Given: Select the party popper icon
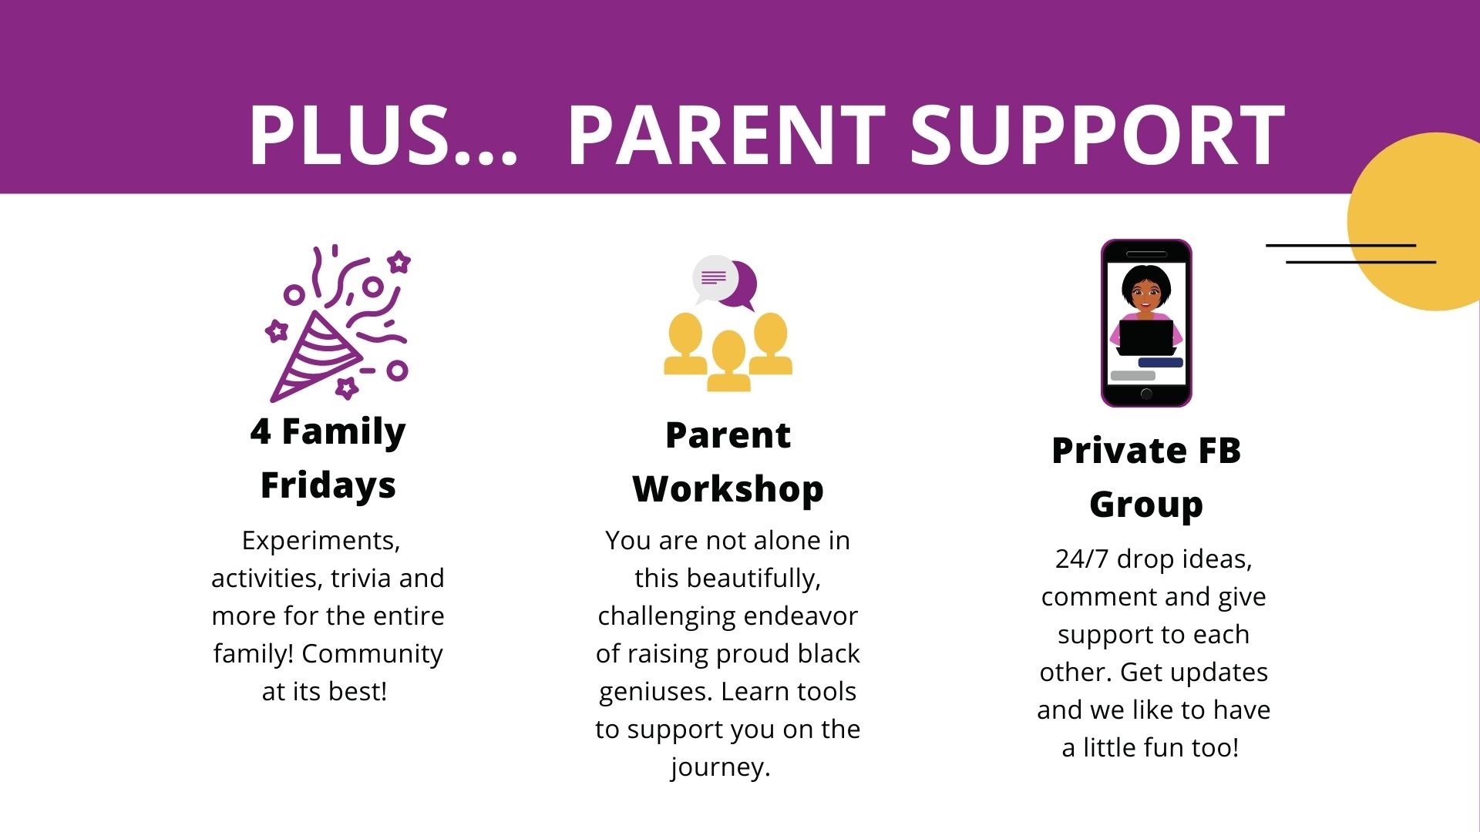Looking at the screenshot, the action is click(338, 324).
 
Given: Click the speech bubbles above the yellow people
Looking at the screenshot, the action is click(725, 282).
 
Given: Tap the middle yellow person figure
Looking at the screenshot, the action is click(728, 361).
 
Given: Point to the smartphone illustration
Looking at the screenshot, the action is click(1146, 323).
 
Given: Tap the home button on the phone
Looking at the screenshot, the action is click(1146, 394).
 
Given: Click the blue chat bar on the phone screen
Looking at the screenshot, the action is click(1160, 362).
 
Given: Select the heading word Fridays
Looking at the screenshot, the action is click(328, 485).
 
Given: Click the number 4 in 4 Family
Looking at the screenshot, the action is click(261, 431).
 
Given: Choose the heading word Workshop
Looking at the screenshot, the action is click(728, 489).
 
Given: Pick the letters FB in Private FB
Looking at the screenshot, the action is click(1218, 451).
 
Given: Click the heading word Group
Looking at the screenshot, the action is click(1146, 505).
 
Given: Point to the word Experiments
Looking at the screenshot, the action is click(321, 541).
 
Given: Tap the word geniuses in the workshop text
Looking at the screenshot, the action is click(655, 692).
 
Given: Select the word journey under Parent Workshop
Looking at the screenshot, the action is click(720, 767).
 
